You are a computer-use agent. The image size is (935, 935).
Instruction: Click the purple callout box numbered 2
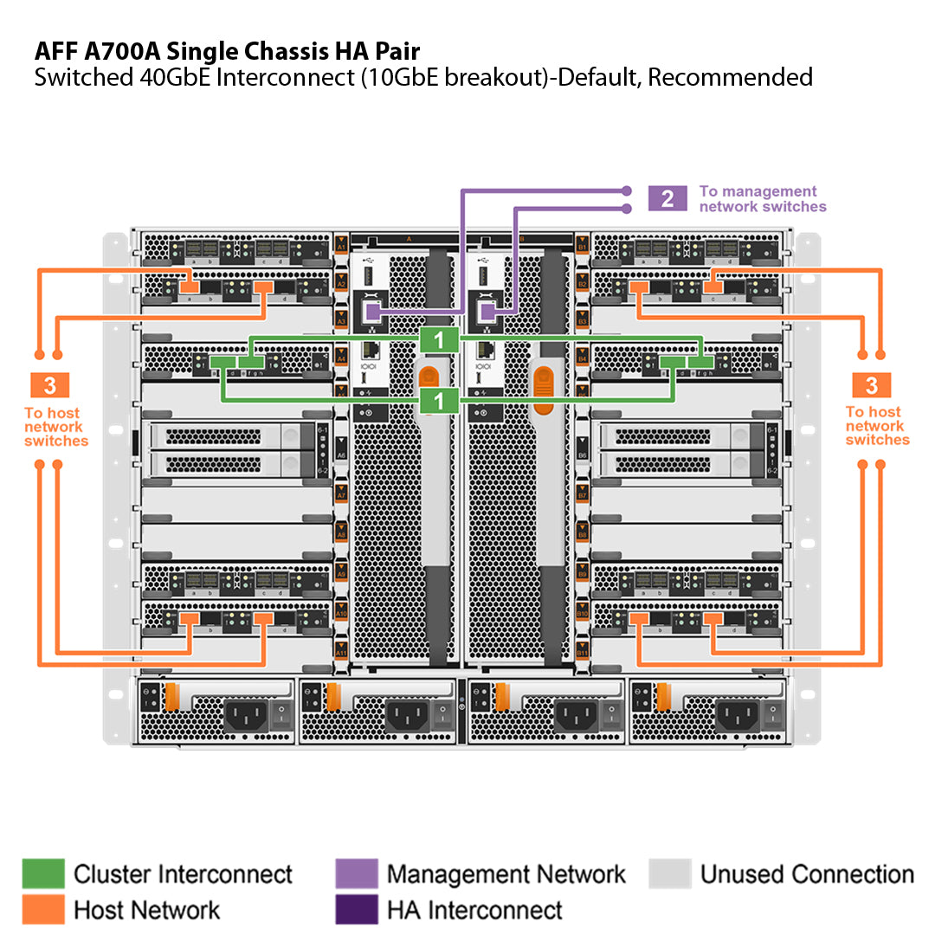point(667,198)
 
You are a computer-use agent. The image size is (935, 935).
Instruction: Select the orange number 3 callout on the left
point(50,386)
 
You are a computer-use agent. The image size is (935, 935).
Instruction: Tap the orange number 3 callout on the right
point(872,386)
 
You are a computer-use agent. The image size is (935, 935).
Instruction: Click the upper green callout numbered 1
point(440,339)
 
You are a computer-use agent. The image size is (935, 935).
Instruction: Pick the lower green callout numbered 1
point(440,400)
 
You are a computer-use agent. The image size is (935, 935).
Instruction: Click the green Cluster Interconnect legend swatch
point(43,874)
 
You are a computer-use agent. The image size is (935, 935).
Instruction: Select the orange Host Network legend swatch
point(43,909)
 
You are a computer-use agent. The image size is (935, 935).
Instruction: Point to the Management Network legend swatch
point(356,874)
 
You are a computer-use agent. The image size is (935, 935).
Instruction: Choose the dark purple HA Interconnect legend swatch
point(356,909)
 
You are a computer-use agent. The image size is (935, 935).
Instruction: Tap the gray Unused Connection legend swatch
point(669,874)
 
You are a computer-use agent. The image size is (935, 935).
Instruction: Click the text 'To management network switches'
point(762,198)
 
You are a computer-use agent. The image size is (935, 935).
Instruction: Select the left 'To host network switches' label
point(55,427)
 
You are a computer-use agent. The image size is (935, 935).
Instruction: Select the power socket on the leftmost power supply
point(244,715)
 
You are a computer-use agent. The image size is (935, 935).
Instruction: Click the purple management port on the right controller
point(487,311)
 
